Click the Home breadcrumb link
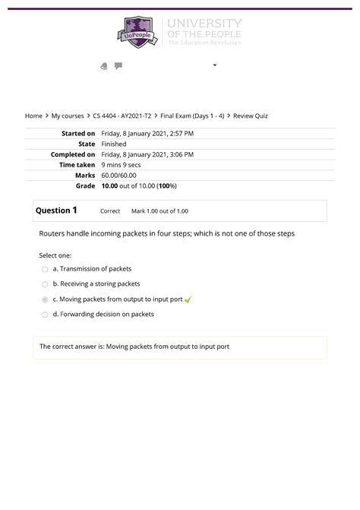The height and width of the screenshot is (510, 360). coord(33,116)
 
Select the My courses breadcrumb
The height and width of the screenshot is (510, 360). coord(67,116)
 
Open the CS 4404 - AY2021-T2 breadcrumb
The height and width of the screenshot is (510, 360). coord(122,116)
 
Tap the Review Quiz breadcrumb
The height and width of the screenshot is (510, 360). coord(251,116)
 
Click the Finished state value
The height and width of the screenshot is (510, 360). coord(114,144)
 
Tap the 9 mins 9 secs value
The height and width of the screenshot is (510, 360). coord(122,165)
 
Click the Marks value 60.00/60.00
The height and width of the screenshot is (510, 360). coord(120,175)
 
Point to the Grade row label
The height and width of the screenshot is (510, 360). coord(85,185)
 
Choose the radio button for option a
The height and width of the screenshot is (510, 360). coord(45,269)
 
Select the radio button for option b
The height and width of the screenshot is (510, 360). coord(45,284)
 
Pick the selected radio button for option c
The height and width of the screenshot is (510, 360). coord(45,299)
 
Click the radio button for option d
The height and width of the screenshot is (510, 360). coord(45,315)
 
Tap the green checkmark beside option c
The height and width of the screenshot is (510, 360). coord(188,299)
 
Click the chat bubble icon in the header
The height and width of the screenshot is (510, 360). coord(118,66)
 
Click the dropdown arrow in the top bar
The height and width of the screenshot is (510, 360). coord(215,65)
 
